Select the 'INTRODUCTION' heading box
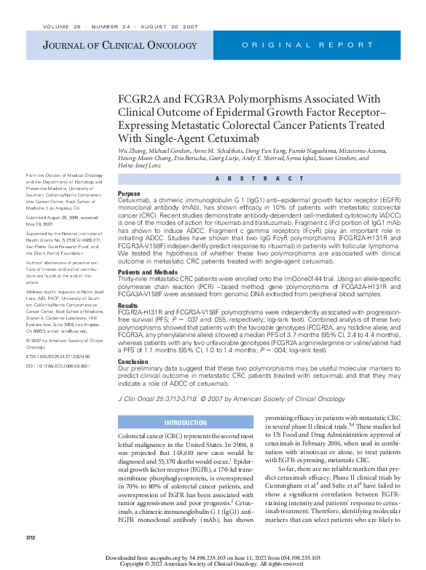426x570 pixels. (x=185, y=423)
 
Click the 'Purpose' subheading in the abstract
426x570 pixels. (x=130, y=194)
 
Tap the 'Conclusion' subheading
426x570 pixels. (x=133, y=361)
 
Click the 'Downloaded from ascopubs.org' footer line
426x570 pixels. (x=212, y=557)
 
